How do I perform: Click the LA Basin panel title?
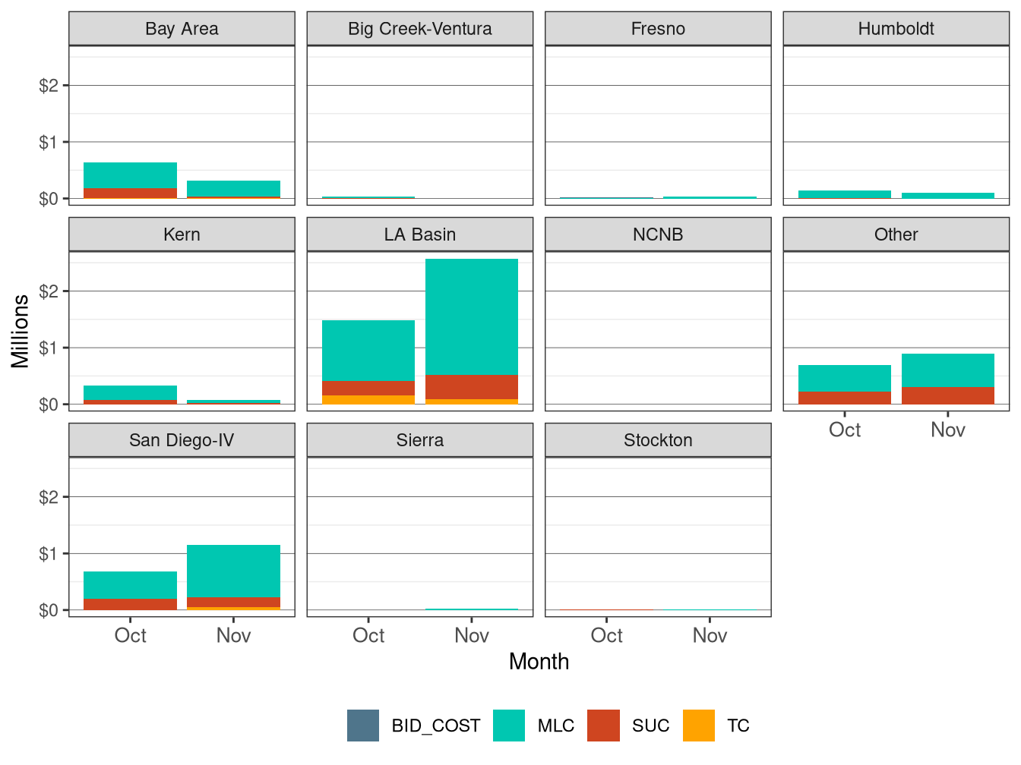pos(419,235)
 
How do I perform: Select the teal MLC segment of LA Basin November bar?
pos(472,316)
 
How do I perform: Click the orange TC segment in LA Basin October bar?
pos(368,399)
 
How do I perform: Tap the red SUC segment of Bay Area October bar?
pos(130,193)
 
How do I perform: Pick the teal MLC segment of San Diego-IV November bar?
pos(233,571)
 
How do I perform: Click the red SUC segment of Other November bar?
pos(948,395)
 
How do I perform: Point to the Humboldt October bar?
pos(845,194)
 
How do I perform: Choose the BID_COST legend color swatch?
pos(363,726)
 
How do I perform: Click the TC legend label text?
pos(738,726)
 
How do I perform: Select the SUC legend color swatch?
pos(603,726)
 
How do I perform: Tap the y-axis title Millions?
pos(21,331)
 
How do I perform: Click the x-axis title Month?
pos(539,662)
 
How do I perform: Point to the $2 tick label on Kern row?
pos(49,291)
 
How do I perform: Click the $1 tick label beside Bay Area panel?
pos(49,142)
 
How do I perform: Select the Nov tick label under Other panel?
pos(948,430)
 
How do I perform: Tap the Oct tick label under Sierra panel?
pos(368,635)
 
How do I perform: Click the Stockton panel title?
pos(658,440)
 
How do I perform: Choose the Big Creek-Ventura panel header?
pos(419,29)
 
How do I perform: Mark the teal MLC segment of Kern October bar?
pos(130,392)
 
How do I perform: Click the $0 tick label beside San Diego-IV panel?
pos(49,610)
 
